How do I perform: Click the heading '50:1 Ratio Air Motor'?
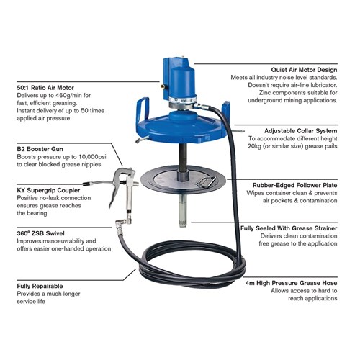45,88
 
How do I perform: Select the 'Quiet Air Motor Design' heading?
304,70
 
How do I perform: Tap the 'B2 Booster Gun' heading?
40,149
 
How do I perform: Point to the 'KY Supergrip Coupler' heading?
48,190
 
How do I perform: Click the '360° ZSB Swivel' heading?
40,233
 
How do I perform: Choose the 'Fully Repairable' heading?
40,286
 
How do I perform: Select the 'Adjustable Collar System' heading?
301,131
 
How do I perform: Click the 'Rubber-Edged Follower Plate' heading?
295,185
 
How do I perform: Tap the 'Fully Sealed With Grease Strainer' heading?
289,228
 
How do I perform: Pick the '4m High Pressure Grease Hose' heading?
291,283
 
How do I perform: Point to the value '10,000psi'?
92,157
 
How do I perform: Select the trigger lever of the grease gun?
114,194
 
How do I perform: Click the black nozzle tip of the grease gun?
86,184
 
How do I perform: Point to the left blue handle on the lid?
143,109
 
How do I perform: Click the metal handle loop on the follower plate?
205,182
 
